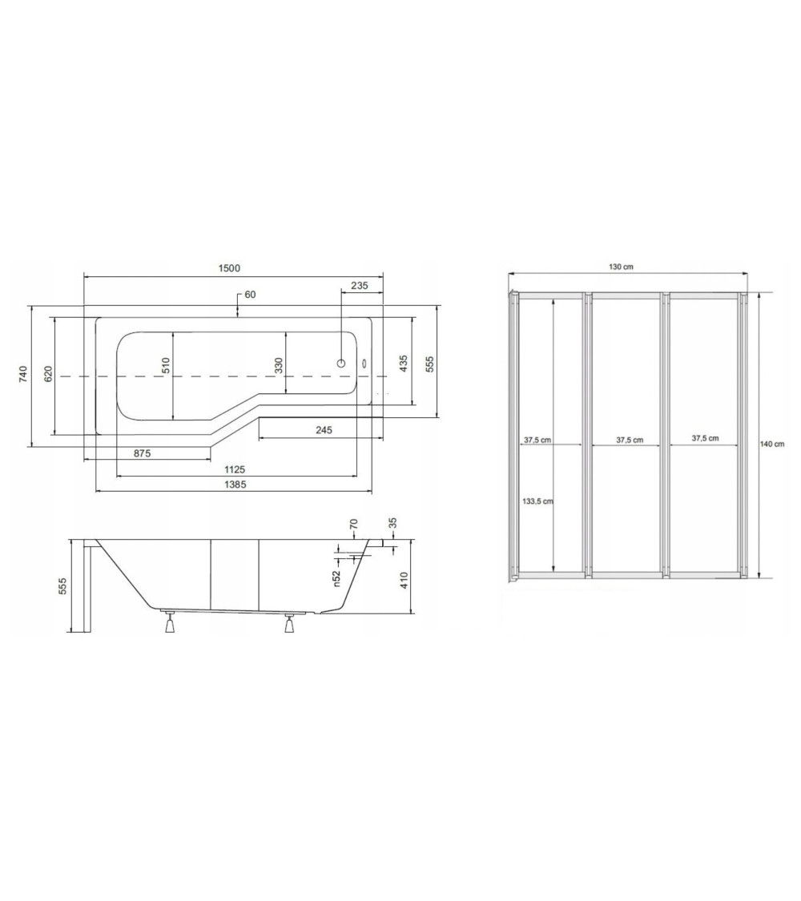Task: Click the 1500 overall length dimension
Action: pos(229,267)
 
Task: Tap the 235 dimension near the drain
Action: pos(360,285)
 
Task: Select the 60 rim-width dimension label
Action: pos(250,295)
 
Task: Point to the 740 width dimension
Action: pos(23,374)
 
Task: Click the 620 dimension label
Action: pos(48,374)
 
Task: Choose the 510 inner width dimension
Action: pos(165,366)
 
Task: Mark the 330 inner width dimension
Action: pos(278,365)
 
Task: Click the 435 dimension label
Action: pos(404,363)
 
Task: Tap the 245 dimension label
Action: pos(324,430)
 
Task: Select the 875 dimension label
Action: pos(142,453)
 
